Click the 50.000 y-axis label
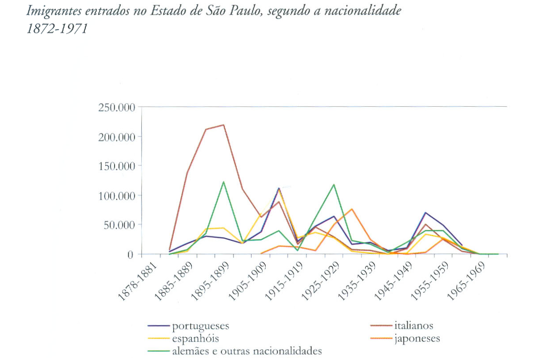click(x=118, y=225)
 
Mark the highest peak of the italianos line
click(x=223, y=125)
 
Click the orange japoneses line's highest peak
click(x=351, y=209)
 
